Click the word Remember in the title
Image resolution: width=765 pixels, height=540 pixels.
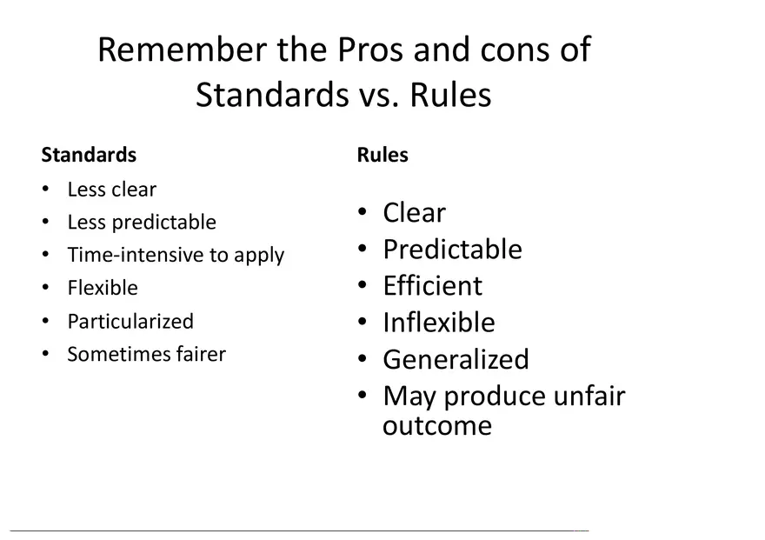183,50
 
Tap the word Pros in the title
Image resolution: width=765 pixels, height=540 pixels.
370,50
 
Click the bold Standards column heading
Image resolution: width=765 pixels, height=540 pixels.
89,155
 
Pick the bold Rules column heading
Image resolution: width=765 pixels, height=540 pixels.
382,155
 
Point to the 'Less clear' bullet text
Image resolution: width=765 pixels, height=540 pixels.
112,190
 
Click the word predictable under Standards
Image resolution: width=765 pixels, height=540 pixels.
164,223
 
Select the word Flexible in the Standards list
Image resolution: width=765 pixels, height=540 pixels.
103,288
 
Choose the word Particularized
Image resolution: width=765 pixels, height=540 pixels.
130,322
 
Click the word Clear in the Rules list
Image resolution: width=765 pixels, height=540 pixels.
414,213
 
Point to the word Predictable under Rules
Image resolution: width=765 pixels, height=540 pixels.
452,250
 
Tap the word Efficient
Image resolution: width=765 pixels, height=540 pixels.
433,285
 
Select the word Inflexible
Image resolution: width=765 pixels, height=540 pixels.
439,323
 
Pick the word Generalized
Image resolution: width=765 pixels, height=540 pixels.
456,359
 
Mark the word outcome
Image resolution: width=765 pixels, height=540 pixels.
437,426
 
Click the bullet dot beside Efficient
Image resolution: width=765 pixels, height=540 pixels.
362,284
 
